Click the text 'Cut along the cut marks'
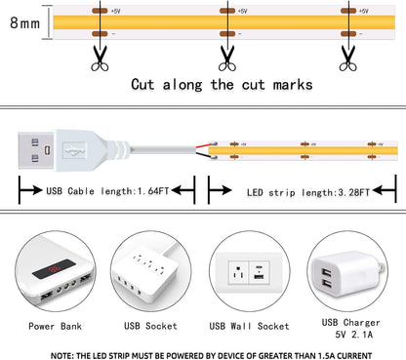click(222, 84)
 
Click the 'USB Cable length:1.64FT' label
click(108, 191)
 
